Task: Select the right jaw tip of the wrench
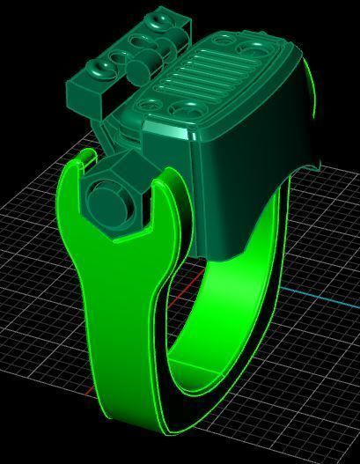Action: (x=165, y=181)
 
